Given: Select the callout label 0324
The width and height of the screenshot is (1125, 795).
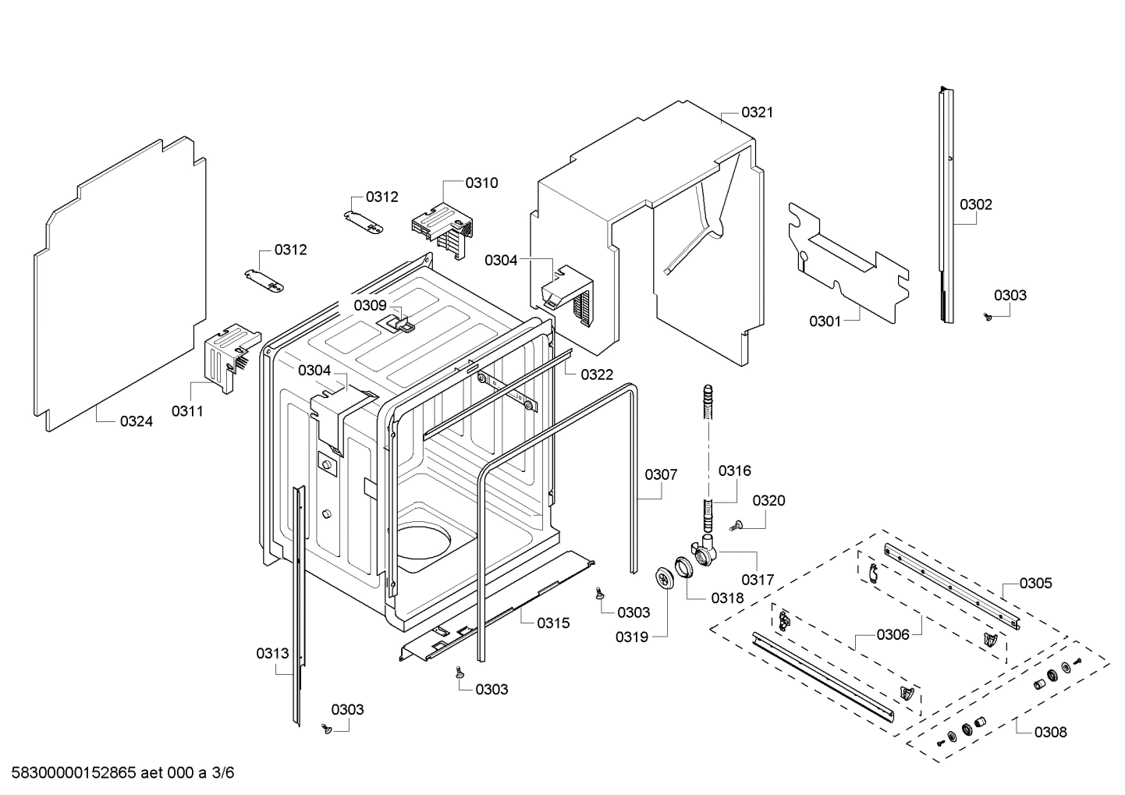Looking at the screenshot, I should click(136, 421).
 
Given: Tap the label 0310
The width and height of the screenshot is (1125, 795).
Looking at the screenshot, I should click(481, 183).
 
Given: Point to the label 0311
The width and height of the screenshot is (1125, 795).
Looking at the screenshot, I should click(186, 411).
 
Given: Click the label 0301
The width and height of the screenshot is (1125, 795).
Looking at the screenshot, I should click(825, 321).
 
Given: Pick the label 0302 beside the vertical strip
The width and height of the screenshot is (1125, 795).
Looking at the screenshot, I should click(975, 204).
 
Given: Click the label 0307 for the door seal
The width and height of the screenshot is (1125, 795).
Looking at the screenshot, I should click(661, 474).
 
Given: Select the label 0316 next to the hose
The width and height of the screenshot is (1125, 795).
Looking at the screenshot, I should click(734, 470).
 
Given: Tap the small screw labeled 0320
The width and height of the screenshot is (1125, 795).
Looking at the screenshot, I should click(735, 528).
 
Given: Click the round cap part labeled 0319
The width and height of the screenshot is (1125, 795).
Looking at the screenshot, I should click(665, 580).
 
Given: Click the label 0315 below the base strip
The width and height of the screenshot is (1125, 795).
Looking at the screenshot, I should click(553, 623).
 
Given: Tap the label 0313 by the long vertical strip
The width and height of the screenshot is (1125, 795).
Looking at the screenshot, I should click(272, 653).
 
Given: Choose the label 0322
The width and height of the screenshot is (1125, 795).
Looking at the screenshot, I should click(596, 374).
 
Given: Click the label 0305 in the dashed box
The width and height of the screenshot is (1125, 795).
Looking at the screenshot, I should click(1035, 583).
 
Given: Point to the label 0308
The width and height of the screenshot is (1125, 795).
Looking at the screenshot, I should click(1050, 732).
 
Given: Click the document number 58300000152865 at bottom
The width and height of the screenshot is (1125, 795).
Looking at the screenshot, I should click(70, 773).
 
